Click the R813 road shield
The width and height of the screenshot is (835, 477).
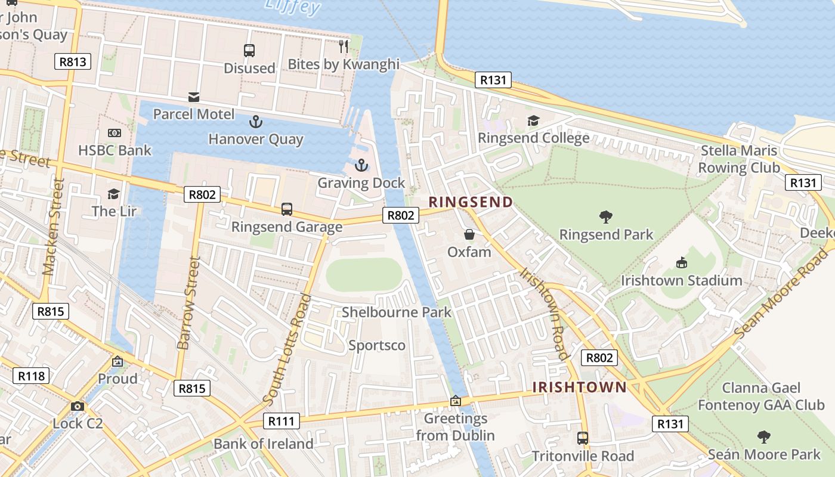(73, 61)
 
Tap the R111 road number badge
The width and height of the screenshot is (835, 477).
(281, 421)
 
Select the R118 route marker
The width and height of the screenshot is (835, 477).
(31, 376)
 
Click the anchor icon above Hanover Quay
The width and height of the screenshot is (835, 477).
(255, 122)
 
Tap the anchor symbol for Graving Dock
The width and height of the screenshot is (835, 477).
(361, 165)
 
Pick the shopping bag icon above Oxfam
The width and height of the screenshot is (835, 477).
(469, 234)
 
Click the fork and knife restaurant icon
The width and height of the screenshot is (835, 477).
(343, 47)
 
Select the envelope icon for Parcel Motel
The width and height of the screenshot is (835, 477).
(194, 97)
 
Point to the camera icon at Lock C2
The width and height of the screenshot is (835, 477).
(77, 407)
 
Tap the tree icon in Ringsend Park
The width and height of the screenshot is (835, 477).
(606, 217)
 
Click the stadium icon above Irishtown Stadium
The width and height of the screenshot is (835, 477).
(681, 262)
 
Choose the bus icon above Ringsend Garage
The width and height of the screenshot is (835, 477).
(287, 209)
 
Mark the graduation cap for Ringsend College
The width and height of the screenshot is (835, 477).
(533, 121)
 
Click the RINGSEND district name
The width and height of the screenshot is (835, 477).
(471, 202)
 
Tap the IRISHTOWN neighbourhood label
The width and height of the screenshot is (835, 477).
(579, 388)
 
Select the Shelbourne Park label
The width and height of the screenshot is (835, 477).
(397, 312)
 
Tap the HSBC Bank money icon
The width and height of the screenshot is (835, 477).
(114, 133)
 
